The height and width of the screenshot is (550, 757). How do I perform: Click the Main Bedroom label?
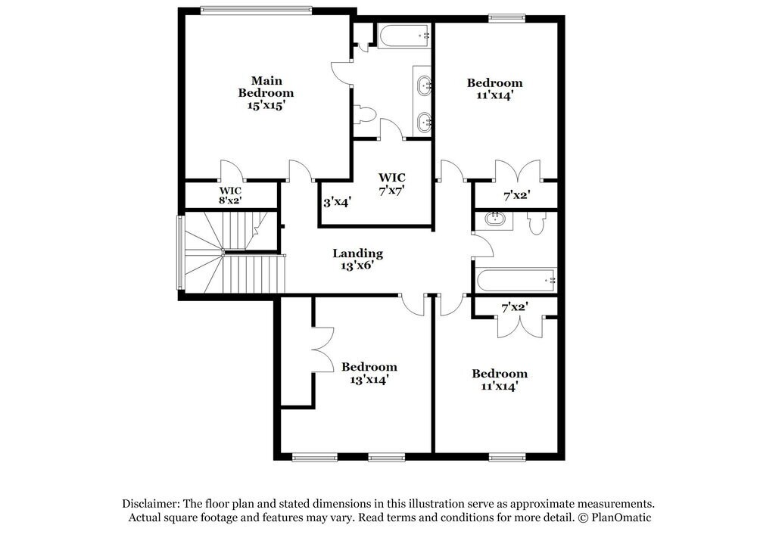coord(266,86)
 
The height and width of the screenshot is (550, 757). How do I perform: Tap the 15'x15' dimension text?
coord(266,106)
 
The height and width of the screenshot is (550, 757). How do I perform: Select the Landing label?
coord(357,253)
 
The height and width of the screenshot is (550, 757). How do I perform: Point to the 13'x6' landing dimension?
coord(357,266)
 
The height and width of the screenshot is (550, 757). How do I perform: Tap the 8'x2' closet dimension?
coord(230,200)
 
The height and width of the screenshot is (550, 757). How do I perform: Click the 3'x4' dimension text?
coord(336,203)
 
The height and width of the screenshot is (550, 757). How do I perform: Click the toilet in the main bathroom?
coord(366,114)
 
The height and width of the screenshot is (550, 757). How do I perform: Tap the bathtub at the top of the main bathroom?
coord(403,35)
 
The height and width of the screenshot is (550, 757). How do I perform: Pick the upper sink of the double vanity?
coord(424,84)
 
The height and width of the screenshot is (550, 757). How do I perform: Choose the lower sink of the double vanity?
coord(425,120)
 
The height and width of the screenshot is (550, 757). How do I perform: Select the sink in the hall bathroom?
coord(496,220)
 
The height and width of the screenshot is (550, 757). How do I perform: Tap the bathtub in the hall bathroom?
coord(516,280)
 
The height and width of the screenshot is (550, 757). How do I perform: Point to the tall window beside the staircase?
coord(180,252)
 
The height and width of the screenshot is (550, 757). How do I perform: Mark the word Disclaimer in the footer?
coord(149,504)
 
